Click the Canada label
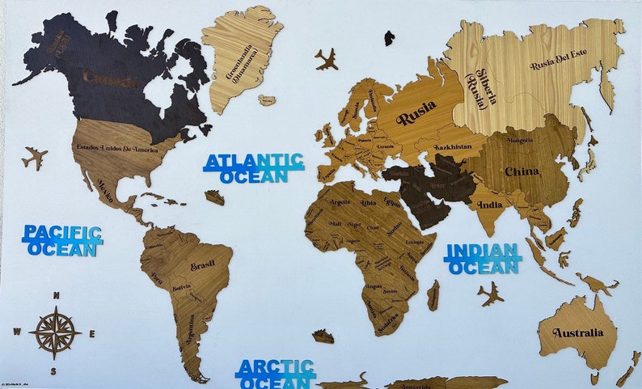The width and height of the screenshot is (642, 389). click(110, 78)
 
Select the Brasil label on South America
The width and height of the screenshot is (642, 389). click(202, 266)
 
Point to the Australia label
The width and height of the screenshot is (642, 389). click(578, 332)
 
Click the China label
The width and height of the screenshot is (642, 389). click(522, 171)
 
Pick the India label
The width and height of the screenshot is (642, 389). click(490, 205)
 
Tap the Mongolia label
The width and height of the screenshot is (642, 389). click(519, 140)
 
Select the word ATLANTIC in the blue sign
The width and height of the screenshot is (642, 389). click(254, 161)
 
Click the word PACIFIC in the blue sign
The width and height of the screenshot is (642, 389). click(62, 233)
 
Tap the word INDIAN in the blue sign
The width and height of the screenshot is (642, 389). click(483, 251)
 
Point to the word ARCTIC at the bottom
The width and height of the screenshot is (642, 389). click(275, 368)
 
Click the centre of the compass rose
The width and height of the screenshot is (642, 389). click(55, 332)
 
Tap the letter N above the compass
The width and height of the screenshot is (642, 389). click(55, 295)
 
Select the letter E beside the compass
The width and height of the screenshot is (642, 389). click(92, 333)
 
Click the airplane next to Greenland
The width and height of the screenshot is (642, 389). click(327, 58)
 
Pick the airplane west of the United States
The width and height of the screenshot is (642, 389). click(35, 157)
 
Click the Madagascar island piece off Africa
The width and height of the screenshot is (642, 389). click(433, 294)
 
